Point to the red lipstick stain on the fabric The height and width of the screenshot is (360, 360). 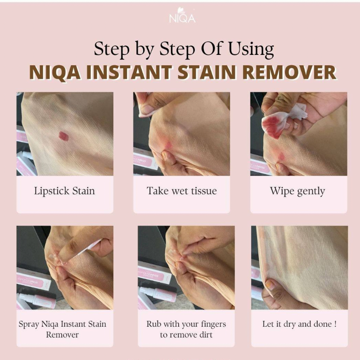point(64,135)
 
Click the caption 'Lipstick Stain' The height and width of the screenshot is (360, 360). point(64,191)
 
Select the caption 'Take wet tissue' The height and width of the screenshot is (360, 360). point(181,191)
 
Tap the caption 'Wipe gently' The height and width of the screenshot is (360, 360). point(297,191)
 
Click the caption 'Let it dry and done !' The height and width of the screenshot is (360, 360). point(299,324)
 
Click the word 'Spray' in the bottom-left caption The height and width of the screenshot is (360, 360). point(29,324)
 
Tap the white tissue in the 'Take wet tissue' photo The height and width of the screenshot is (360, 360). point(147,108)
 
